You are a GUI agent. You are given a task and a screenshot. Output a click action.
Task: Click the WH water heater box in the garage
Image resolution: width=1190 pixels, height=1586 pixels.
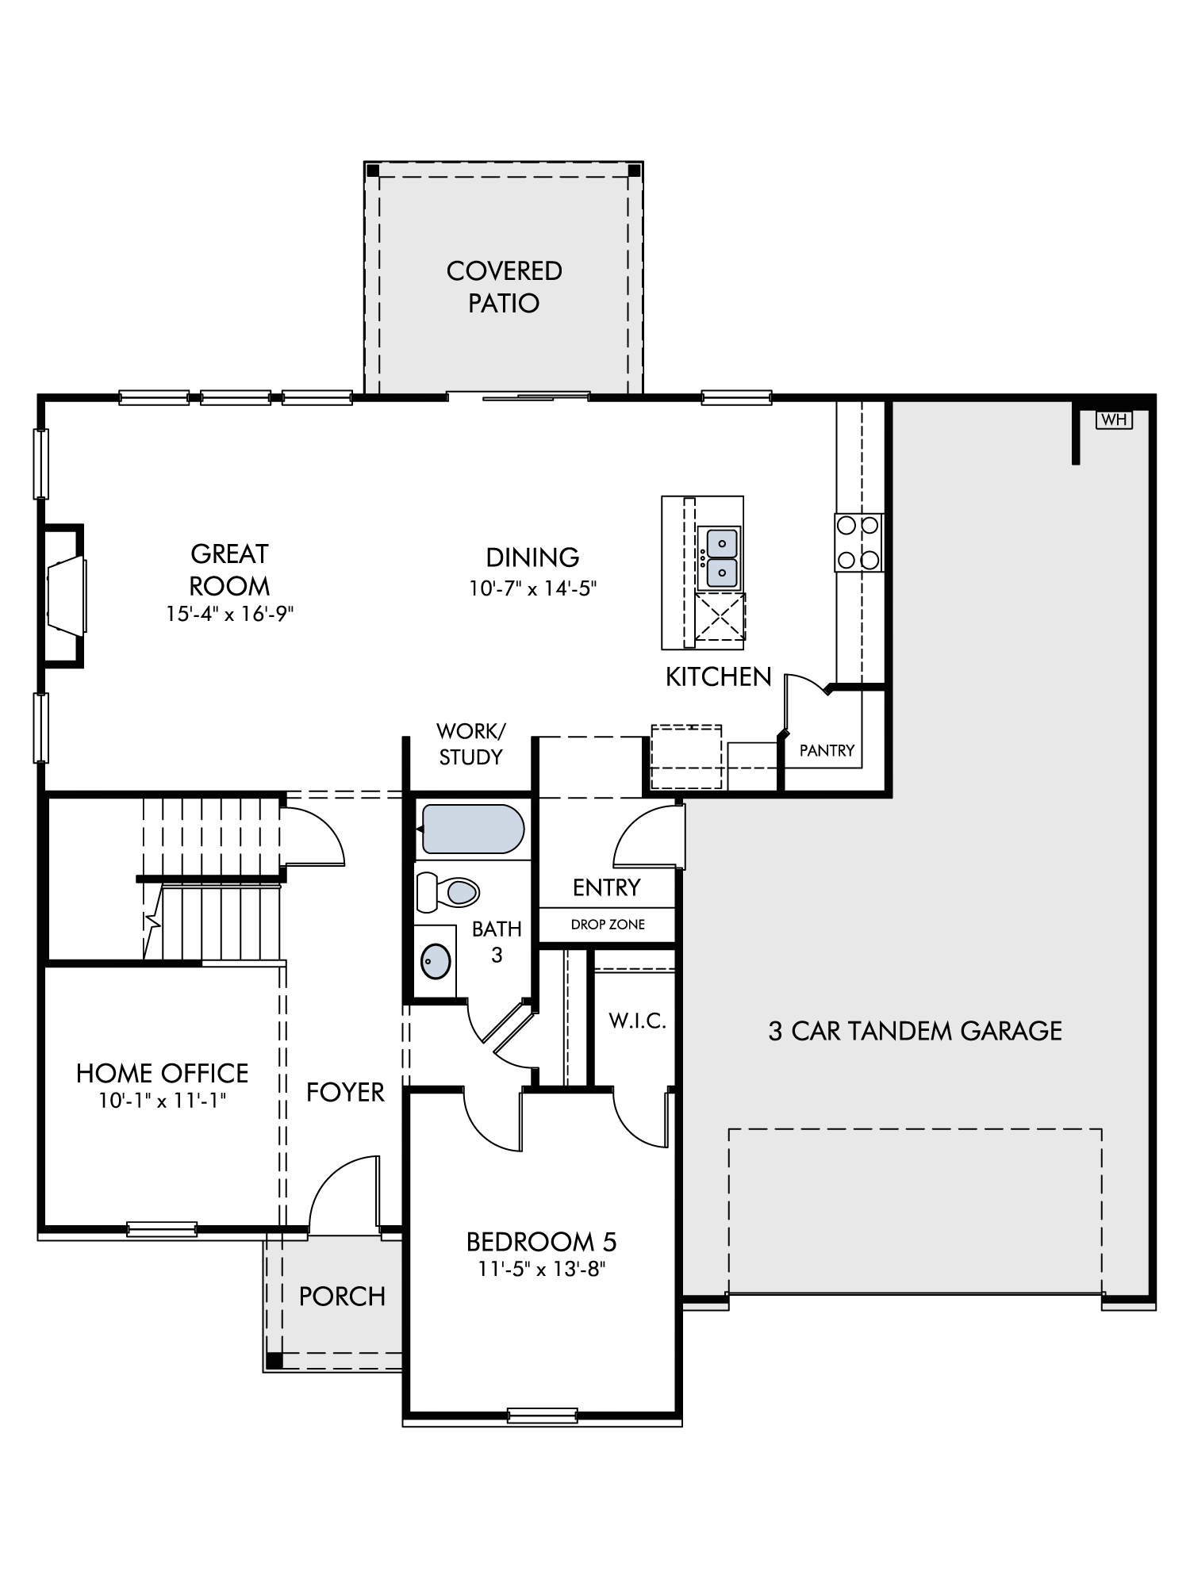[1114, 419]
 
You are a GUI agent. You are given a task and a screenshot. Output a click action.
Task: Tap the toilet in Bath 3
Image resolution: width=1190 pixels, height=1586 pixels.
[447, 891]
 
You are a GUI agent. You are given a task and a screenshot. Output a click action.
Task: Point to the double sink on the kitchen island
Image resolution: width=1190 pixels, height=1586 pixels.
[721, 557]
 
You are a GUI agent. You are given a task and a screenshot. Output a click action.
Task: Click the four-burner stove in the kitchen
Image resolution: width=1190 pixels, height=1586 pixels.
[858, 542]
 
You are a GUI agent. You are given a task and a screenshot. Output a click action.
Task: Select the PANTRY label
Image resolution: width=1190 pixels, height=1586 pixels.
[827, 750]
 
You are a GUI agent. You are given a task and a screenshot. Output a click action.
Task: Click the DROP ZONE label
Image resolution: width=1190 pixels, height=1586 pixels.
[608, 925]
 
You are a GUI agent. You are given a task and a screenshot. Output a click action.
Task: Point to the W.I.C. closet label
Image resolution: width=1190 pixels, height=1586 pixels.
[637, 1021]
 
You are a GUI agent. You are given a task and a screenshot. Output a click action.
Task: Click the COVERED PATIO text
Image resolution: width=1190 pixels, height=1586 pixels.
[504, 286]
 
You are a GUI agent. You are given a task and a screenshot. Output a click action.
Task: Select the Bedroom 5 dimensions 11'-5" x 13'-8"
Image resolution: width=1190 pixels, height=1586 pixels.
[542, 1269]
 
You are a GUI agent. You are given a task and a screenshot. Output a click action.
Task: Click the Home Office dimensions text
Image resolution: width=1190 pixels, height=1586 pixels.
[163, 1101]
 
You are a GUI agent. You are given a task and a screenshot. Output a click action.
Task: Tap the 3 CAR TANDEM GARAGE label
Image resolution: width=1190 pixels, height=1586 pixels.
[915, 1031]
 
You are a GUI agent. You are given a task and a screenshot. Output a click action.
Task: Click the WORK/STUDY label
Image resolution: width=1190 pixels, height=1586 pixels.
[471, 744]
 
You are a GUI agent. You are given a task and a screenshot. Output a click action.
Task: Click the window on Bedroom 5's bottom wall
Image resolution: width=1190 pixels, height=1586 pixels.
[543, 1416]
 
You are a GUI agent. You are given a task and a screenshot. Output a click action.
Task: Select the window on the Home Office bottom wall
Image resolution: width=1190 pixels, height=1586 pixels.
[162, 1229]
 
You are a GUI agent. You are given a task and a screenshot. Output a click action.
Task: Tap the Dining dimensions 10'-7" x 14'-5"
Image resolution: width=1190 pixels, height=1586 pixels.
[532, 588]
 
